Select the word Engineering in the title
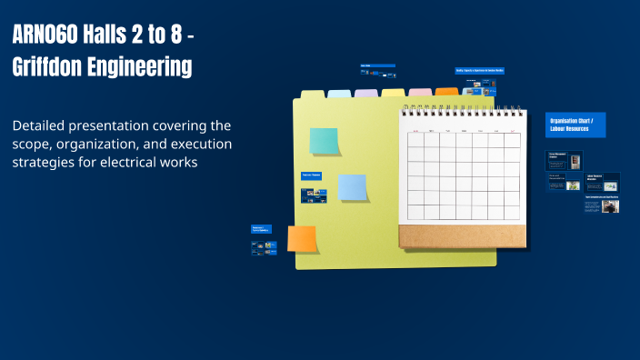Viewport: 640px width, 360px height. coord(146,66)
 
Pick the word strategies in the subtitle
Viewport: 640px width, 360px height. coord(44,163)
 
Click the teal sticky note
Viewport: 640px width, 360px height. coord(324,141)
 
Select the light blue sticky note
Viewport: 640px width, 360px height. coord(352,187)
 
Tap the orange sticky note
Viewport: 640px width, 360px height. coord(302,238)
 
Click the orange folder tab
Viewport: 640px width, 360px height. coord(446,92)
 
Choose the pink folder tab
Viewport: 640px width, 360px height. coord(420,92)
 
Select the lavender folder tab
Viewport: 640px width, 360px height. coord(366,93)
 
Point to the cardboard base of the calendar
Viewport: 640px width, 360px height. coord(462,235)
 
